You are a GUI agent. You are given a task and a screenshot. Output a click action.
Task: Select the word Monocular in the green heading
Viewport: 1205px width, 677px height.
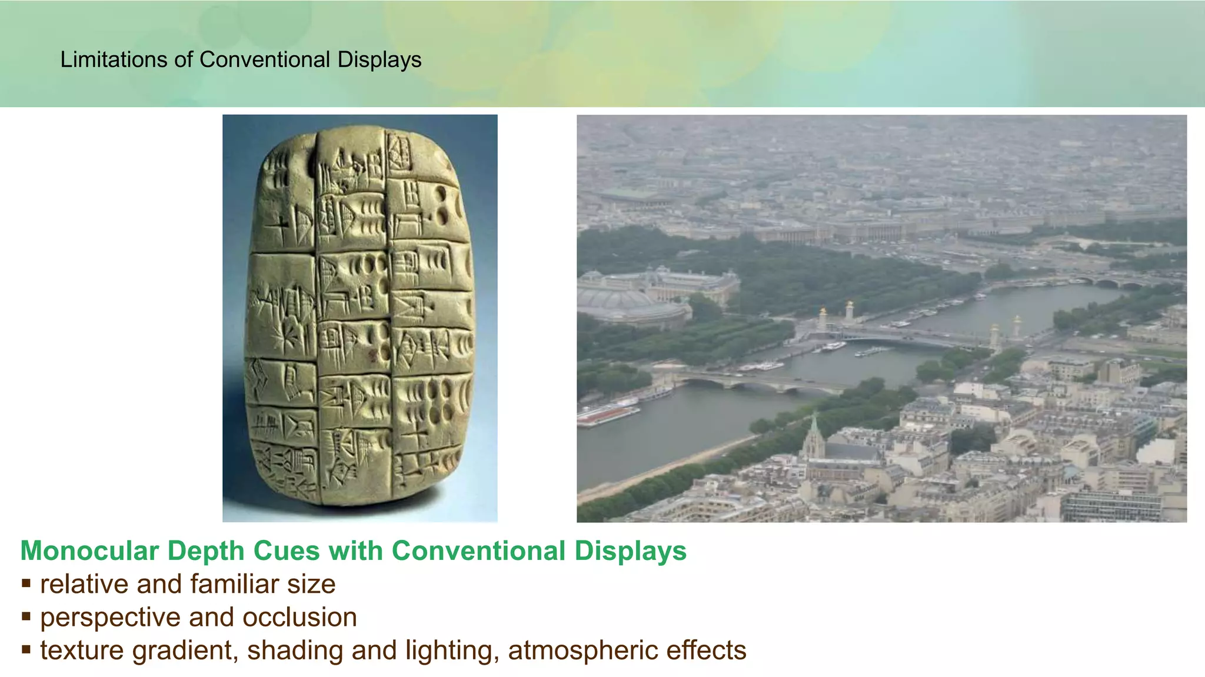coord(89,551)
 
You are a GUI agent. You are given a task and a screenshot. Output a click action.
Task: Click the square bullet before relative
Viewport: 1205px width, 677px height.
coord(26,584)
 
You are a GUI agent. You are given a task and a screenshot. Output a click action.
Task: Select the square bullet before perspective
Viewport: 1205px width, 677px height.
coord(26,617)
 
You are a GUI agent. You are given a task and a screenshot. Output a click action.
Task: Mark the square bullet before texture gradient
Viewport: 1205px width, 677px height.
coord(26,650)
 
